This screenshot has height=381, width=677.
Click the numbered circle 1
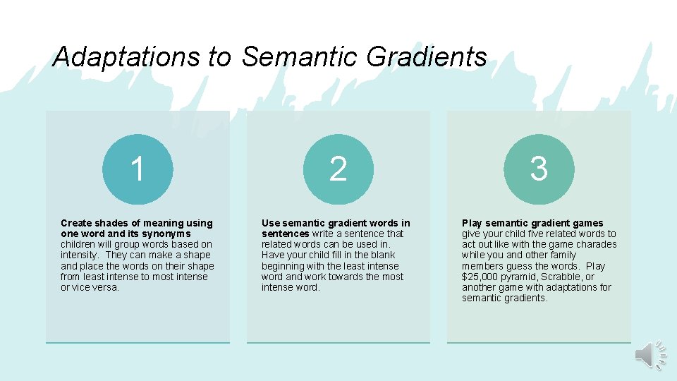click(x=138, y=169)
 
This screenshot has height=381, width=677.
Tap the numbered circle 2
click(x=338, y=169)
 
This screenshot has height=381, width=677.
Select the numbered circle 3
click(x=539, y=169)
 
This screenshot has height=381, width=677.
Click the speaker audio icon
click(x=650, y=354)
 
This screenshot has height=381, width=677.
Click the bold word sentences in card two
click(x=285, y=234)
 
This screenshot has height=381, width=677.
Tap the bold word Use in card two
click(x=270, y=223)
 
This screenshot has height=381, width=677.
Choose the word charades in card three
click(x=597, y=244)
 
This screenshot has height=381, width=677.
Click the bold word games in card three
click(x=589, y=223)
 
